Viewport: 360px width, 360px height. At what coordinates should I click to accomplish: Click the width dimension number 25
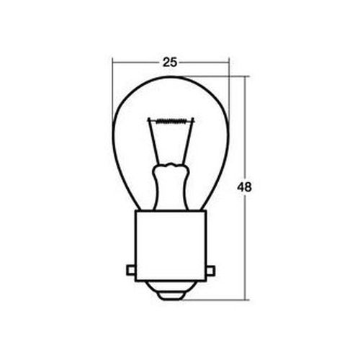[x=170, y=62]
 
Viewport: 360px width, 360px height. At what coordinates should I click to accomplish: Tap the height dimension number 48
[x=245, y=187]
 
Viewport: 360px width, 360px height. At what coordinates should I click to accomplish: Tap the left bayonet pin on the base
[x=130, y=270]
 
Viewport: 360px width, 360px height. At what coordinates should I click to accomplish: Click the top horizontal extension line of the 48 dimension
[x=216, y=76]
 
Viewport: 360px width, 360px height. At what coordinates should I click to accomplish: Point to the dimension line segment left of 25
[x=137, y=63]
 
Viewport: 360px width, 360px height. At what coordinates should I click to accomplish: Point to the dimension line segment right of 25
[x=205, y=63]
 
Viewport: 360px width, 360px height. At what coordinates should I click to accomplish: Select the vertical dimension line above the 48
[x=245, y=130]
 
